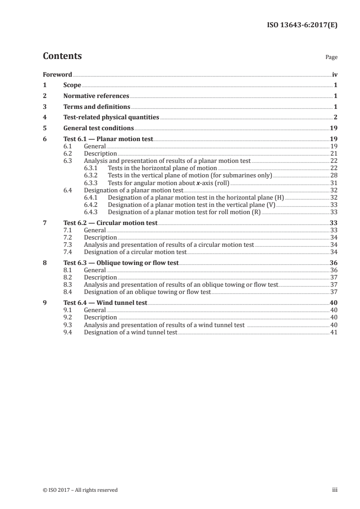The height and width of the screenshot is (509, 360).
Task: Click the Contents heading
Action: coord(62,56)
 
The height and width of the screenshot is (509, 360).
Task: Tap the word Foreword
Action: coord(57,74)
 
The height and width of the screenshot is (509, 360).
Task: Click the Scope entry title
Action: coord(72,85)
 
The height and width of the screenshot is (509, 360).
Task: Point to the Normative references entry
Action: coord(96,96)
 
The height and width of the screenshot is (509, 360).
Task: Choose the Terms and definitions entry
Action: coord(97,107)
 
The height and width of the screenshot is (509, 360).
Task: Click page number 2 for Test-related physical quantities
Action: coord(335,117)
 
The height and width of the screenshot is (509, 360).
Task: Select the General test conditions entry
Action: coord(99,128)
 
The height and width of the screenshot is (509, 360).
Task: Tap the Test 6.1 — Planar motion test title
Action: coord(108,139)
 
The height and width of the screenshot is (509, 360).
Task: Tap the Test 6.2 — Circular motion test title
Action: coord(110,223)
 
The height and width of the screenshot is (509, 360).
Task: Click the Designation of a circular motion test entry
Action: coord(135,252)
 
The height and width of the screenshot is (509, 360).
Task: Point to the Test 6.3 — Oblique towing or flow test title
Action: coord(121,263)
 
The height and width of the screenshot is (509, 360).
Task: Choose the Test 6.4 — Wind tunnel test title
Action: coord(105,303)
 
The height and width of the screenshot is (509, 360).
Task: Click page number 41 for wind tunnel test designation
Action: coord(334,332)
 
